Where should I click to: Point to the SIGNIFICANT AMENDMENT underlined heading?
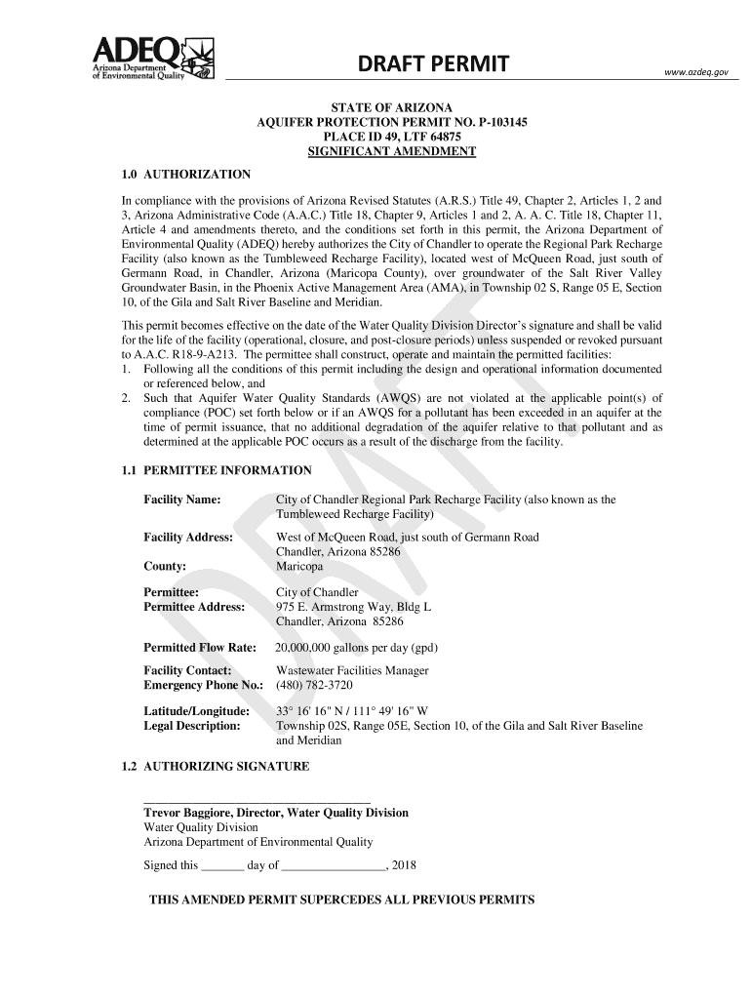391,152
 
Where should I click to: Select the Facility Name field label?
181,499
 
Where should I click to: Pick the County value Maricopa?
298,566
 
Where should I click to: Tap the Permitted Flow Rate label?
199,648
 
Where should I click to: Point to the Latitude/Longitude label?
196,711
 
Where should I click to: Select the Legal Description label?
191,726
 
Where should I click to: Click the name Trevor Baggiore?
198,813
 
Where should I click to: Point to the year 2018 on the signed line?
403,865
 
